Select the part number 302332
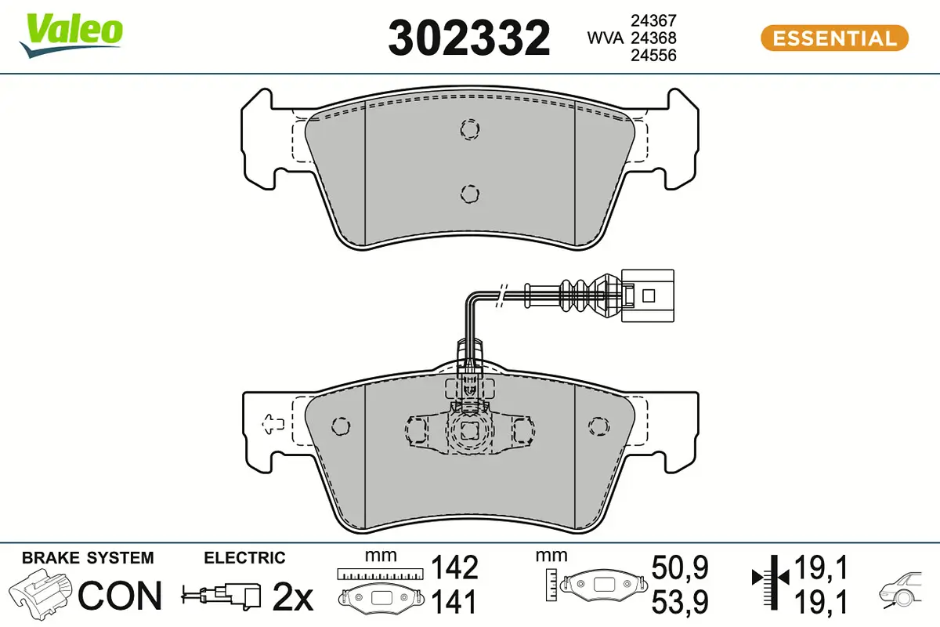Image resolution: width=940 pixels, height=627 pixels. click(x=469, y=38)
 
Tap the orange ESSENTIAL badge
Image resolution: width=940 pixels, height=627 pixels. click(x=833, y=38)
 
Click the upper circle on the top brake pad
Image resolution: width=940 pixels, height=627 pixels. click(x=469, y=129)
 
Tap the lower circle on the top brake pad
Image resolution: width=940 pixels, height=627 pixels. click(x=469, y=192)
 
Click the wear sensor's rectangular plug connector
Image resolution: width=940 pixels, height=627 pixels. click(x=646, y=295)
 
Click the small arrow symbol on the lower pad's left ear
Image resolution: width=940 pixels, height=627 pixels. click(x=272, y=423)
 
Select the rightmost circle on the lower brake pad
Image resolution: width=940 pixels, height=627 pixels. click(x=597, y=426)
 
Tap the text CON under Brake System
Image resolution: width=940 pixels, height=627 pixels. click(x=121, y=596)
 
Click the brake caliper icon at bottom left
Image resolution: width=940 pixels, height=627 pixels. click(x=42, y=593)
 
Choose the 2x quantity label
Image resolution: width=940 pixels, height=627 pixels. click(x=292, y=597)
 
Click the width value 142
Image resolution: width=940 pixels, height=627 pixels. click(x=455, y=567)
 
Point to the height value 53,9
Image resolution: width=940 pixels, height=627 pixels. click(x=679, y=602)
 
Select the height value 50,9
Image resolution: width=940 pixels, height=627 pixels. click(x=679, y=567)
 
